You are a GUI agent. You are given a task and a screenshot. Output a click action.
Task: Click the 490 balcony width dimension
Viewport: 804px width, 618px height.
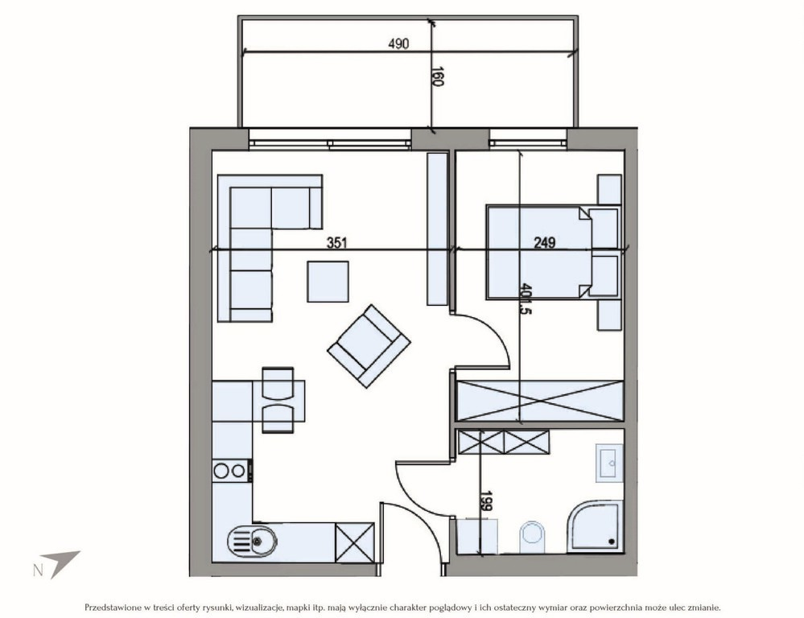click(398, 44)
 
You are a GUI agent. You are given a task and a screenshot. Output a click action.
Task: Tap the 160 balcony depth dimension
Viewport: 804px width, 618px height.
click(437, 76)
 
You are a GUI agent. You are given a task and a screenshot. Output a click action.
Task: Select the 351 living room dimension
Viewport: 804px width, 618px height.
click(337, 242)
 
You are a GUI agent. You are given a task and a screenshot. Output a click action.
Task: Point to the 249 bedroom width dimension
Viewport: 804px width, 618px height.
click(545, 242)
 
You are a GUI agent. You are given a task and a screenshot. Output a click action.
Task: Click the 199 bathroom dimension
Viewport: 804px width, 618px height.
click(486, 501)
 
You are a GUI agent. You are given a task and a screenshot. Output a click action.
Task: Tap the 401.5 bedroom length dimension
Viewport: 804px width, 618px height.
click(525, 299)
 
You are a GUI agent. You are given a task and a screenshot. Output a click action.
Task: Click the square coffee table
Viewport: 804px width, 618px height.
click(328, 282)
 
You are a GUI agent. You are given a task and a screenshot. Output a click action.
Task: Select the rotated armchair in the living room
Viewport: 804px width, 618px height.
click(369, 346)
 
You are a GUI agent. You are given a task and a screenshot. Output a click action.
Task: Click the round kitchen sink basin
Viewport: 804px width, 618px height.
click(252, 541)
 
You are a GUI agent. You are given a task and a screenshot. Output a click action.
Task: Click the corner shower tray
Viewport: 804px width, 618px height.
click(596, 528)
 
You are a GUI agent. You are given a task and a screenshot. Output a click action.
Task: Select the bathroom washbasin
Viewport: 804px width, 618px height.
click(609, 463)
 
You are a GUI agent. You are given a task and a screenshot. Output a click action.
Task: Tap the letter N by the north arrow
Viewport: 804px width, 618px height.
click(38, 571)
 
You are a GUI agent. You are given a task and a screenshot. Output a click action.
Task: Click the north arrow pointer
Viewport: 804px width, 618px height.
click(60, 563)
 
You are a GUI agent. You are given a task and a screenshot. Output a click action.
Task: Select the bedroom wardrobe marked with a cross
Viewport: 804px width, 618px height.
click(540, 401)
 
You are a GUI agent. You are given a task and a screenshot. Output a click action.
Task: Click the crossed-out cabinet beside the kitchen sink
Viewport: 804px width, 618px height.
click(355, 542)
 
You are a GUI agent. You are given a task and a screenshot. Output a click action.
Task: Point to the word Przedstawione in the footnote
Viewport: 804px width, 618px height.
click(113, 608)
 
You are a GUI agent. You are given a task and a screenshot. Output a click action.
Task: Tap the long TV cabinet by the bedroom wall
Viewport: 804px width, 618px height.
click(437, 229)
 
